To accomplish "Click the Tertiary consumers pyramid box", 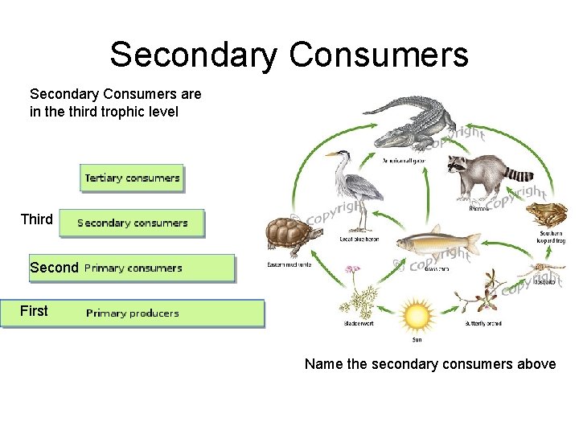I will coord(132,178).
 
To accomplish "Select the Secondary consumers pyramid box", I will coord(132,223).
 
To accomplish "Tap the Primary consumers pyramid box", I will coord(157,268).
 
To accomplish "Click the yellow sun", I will coord(417,315).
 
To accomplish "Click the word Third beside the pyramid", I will coord(37,219).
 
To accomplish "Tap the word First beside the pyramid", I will coord(34,311).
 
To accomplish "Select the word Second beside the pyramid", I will coord(54,268).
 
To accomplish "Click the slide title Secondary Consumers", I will coord(289,55).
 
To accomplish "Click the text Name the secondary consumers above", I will coord(429,364).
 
